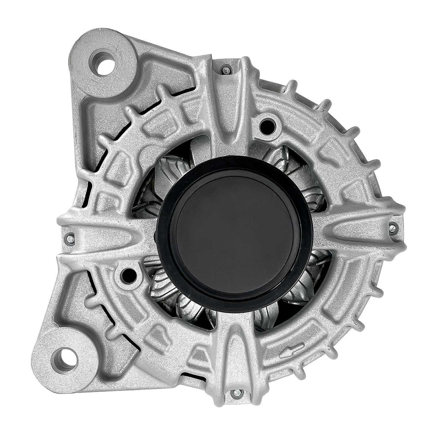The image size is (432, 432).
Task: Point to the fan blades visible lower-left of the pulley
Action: (164, 285)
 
